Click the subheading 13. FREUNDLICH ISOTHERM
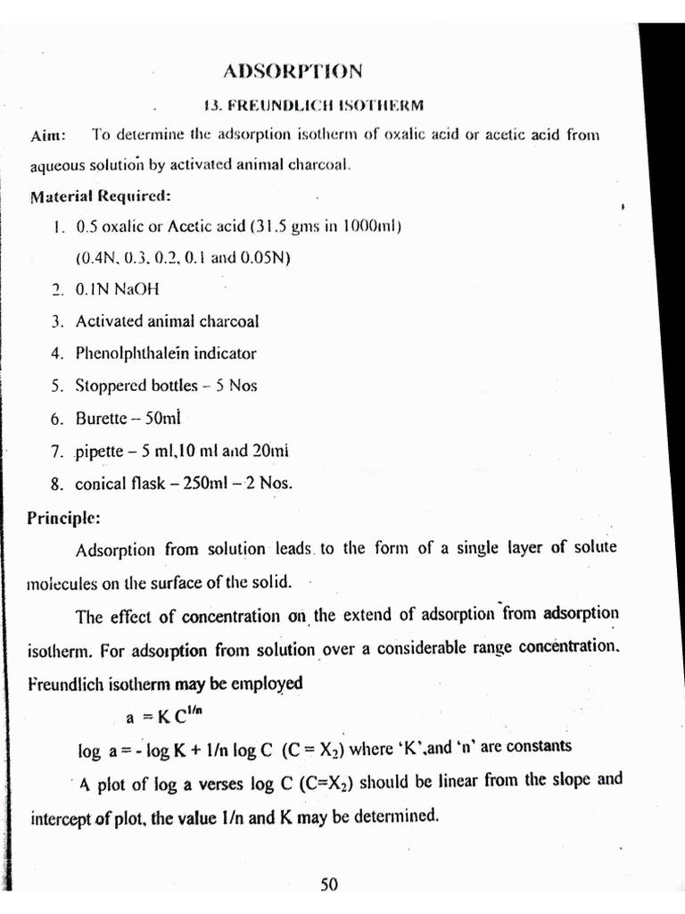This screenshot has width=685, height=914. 313,104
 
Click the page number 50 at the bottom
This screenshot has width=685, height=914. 328,885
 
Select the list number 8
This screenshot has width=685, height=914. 56,485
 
